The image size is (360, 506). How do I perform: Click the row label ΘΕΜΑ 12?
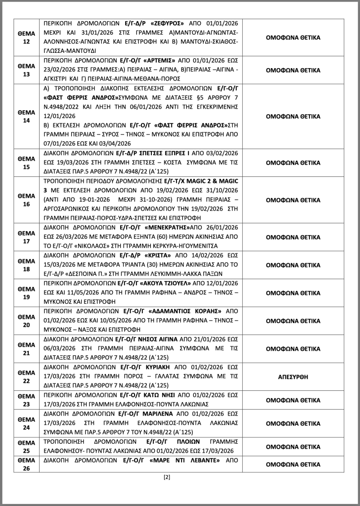pos(26,37)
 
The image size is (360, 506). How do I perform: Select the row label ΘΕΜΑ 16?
pos(26,201)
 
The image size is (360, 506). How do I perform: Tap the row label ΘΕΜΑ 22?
pos(26,377)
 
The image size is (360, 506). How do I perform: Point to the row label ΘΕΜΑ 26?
pos(26,464)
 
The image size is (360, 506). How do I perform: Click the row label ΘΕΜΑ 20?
pos(26,320)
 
